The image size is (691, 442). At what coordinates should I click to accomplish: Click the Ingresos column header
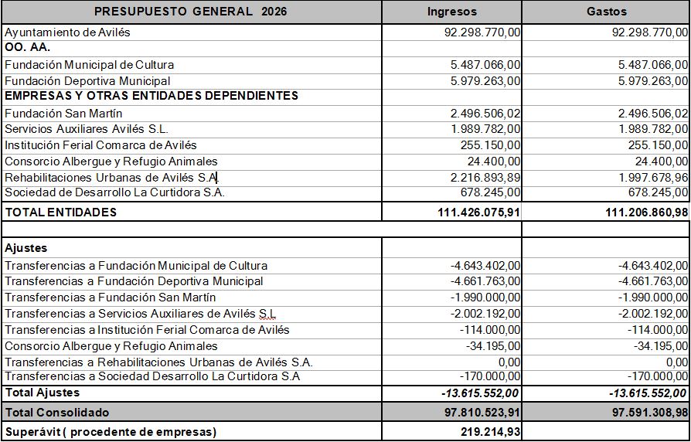(x=452, y=12)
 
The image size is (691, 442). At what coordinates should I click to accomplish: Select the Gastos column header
(x=607, y=12)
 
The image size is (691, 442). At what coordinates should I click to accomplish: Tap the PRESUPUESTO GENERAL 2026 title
(x=190, y=12)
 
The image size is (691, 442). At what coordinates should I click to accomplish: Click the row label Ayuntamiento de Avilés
(x=68, y=33)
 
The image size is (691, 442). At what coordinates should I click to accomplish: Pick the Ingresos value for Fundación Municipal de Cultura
(x=485, y=65)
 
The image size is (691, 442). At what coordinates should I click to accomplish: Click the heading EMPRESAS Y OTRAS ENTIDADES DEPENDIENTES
(x=151, y=96)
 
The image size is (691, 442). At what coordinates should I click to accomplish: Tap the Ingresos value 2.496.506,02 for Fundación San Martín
(x=485, y=114)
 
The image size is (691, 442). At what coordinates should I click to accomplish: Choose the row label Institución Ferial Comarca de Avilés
(x=100, y=145)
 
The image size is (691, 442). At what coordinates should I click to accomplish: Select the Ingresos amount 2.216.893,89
(x=485, y=178)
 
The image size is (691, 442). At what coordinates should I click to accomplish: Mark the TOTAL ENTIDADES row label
(x=60, y=212)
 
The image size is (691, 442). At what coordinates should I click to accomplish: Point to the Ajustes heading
(x=26, y=248)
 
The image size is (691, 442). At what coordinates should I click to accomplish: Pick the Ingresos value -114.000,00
(x=492, y=330)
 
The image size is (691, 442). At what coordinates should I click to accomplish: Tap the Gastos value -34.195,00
(x=659, y=346)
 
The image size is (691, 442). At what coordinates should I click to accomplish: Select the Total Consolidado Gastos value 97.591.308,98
(x=649, y=413)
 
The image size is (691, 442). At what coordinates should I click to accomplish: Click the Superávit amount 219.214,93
(x=491, y=431)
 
